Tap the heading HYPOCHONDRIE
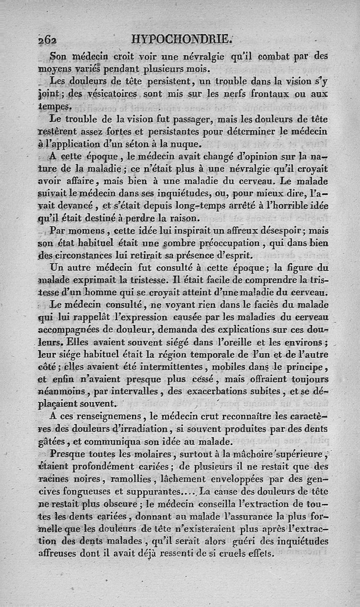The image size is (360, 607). click(181, 39)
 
